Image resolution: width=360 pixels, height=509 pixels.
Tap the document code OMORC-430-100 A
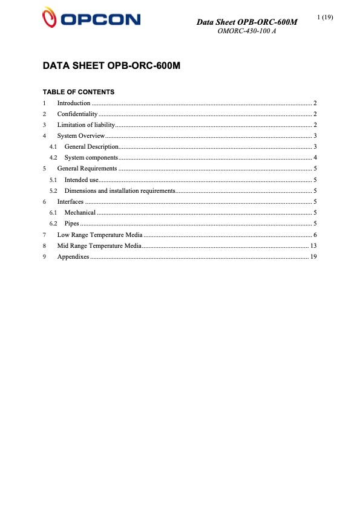(x=246, y=31)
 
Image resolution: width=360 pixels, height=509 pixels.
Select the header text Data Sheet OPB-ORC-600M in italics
(x=247, y=22)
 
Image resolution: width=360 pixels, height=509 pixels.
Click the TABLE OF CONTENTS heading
(x=78, y=92)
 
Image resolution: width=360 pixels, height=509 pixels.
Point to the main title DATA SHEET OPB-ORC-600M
(x=111, y=65)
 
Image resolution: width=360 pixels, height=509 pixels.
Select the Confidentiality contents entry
(x=77, y=114)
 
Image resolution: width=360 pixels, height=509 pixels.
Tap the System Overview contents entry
(x=81, y=135)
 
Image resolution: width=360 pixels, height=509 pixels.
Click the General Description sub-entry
(x=91, y=146)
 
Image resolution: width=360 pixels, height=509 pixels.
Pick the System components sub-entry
(x=91, y=157)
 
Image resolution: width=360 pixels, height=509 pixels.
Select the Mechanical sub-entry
(x=80, y=212)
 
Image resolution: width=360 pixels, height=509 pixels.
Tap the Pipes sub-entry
(x=71, y=223)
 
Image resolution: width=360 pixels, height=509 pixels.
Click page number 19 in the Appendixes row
(x=313, y=256)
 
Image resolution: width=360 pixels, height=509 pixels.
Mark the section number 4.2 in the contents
(x=53, y=157)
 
